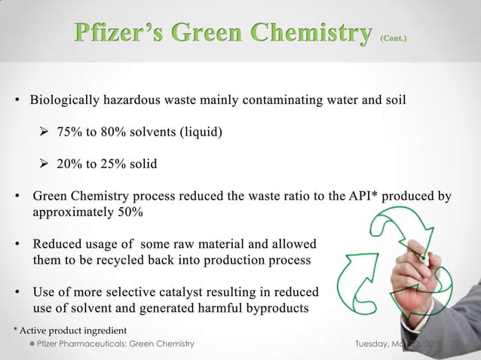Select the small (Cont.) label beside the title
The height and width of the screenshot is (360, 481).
(x=396, y=36)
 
